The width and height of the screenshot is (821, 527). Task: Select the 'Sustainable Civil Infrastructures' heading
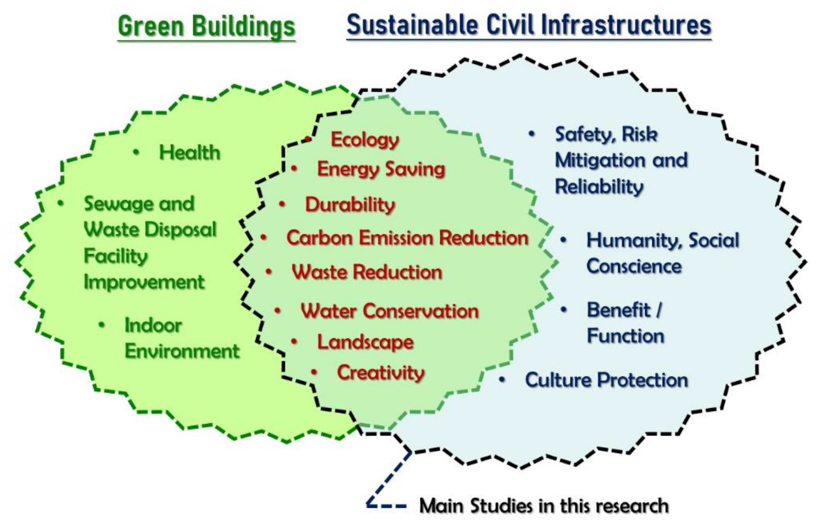point(529,25)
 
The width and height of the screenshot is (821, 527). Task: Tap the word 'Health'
point(189,152)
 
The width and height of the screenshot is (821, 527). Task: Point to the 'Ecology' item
point(365,140)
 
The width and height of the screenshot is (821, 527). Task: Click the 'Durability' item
point(350,205)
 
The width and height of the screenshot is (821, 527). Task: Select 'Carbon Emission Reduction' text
point(407,238)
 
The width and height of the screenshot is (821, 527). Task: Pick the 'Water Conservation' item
point(389,311)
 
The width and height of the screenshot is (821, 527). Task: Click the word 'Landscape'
point(365,342)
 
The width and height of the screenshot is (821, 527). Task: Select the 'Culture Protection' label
point(606,380)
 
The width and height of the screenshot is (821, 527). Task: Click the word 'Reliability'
point(599,187)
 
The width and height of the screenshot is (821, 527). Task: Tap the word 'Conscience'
point(634,266)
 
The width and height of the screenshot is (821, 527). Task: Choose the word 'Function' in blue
point(625,336)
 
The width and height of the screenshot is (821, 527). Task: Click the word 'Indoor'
point(153,325)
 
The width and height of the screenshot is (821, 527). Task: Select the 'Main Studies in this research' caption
point(544,505)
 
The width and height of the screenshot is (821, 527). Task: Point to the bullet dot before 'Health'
point(136,152)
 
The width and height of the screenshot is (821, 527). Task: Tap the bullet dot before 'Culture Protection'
point(502,379)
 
